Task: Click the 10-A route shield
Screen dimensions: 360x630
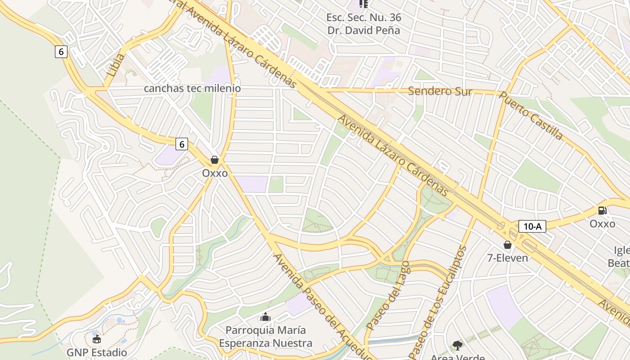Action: coord(532,226)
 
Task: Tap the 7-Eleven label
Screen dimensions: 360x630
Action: coord(508,258)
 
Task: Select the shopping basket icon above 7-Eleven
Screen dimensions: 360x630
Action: coord(508,245)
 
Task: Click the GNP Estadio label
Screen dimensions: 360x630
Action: coord(97,352)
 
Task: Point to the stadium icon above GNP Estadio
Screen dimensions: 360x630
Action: coord(96,338)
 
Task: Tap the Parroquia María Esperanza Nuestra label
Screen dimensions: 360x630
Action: coord(265,337)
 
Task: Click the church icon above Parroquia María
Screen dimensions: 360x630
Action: coord(265,317)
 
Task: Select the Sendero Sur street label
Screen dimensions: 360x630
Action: coord(440,91)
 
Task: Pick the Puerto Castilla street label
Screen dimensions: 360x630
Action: coord(531,116)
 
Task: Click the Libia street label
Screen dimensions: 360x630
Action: coord(116,65)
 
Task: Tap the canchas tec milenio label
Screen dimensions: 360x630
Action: coord(192,88)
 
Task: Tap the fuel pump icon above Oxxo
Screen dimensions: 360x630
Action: coord(602,210)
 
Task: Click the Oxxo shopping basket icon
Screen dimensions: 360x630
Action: coord(215,160)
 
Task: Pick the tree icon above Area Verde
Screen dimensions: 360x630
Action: coord(458,346)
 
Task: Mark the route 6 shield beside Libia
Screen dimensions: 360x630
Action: coord(61,52)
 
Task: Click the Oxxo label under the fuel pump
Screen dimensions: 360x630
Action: coord(602,224)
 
